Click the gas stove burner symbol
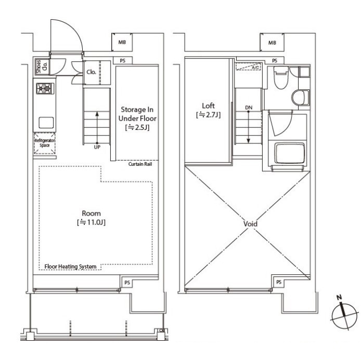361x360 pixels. pyautogui.click(x=45, y=88)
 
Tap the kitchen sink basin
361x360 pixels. pyautogui.click(x=46, y=123)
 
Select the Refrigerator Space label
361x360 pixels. pyautogui.click(x=45, y=143)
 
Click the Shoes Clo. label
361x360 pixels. pyautogui.click(x=42, y=66)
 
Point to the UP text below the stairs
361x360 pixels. pyautogui.click(x=97, y=147)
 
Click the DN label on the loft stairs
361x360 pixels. pyautogui.click(x=249, y=108)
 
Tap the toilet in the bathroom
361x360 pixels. pyautogui.click(x=281, y=78)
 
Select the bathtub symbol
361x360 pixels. pyautogui.click(x=290, y=153)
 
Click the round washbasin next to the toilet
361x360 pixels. pyautogui.click(x=301, y=98)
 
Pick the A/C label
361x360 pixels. pyautogui.click(x=255, y=68)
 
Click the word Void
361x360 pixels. pyautogui.click(x=250, y=224)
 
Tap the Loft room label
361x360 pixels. pyautogui.click(x=208, y=110)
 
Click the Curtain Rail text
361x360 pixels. pyautogui.click(x=140, y=164)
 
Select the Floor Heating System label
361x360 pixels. pyautogui.click(x=70, y=266)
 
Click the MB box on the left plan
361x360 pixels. pyautogui.click(x=122, y=42)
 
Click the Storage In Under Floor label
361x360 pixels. pyautogui.click(x=137, y=118)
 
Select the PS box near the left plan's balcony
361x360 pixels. pyautogui.click(x=127, y=283)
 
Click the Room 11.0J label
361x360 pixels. pyautogui.click(x=91, y=218)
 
